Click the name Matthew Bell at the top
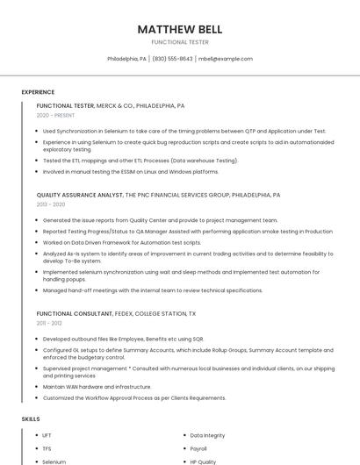click(x=179, y=29)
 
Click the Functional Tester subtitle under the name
click(x=179, y=42)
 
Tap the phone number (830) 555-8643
click(x=172, y=59)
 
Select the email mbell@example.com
click(x=226, y=59)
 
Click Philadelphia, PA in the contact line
click(x=126, y=59)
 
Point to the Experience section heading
click(x=38, y=92)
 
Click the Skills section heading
click(x=31, y=419)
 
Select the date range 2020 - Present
click(x=55, y=115)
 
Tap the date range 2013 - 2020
click(x=51, y=204)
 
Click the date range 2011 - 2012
click(x=49, y=323)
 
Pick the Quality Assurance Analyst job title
click(x=80, y=195)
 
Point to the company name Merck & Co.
click(x=115, y=105)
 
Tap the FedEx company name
click(x=121, y=313)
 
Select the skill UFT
click(x=47, y=435)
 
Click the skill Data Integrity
click(x=207, y=435)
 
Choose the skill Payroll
click(x=198, y=448)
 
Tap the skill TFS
click(x=47, y=448)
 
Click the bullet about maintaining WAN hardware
click(x=97, y=386)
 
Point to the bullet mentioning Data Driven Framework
click(x=121, y=242)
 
